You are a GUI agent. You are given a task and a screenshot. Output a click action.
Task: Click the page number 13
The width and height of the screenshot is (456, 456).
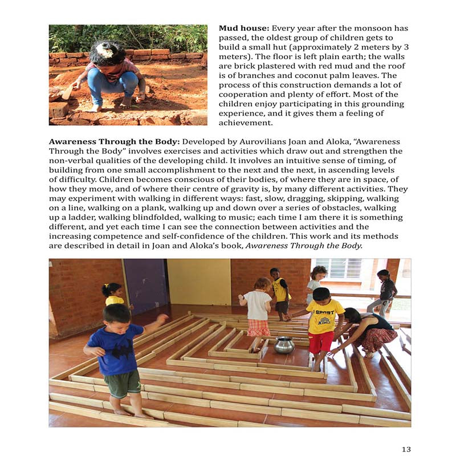tap(406, 449)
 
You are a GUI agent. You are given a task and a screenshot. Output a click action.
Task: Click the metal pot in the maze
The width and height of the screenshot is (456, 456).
tap(284, 344)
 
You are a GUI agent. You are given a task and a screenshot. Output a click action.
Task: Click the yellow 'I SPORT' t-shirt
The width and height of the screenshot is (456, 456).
tap(325, 315)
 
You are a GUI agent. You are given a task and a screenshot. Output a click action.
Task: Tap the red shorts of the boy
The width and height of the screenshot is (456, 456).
tap(320, 341)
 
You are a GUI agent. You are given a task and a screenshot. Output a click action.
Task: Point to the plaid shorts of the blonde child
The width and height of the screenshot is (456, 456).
tap(259, 327)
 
